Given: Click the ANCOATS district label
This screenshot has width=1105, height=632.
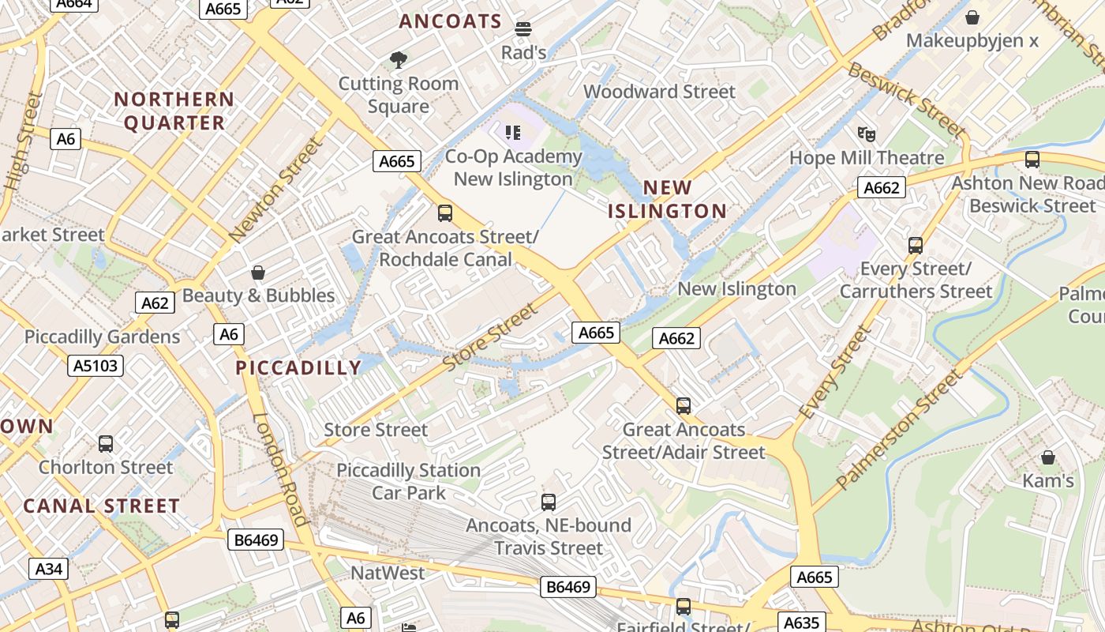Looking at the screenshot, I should coord(450,21).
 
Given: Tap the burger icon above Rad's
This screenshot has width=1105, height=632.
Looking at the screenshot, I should coord(523,30).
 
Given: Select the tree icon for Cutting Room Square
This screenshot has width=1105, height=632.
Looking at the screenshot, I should coord(399,60).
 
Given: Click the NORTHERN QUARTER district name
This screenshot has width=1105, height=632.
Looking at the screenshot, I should coord(174,111).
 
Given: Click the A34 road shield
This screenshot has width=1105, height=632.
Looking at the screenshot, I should coord(48,568).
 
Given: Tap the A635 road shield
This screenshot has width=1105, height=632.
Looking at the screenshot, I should coord(801,623).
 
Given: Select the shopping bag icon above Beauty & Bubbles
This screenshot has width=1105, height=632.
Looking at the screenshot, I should coord(257,273).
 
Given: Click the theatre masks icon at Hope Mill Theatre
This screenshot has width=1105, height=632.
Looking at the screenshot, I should coord(867,134).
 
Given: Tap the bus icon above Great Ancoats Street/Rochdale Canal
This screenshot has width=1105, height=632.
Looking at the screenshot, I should coord(445,213).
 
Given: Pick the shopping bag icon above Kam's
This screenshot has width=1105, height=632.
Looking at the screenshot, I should coord(1047,457).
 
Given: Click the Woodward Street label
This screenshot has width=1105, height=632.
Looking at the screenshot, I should coord(659,92).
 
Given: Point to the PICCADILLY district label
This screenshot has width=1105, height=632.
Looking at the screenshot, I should coord(298,367).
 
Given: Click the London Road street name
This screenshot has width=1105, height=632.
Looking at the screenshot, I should coord(279,470).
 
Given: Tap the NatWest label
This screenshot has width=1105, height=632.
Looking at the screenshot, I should coord(388,573).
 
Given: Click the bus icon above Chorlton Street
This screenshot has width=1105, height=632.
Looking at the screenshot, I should coord(106,444).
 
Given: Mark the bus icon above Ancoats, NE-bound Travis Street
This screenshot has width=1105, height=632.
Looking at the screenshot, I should coord(549,502).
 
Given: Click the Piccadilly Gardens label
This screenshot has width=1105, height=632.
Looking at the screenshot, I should coord(102,337).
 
